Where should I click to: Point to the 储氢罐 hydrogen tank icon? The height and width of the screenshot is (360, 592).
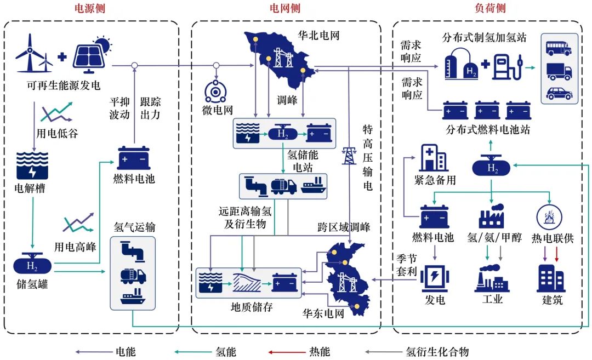coord(32,266)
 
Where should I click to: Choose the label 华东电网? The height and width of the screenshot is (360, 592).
coord(323,315)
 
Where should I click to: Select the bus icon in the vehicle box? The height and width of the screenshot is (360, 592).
coord(559,48)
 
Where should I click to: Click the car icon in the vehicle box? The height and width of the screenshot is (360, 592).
coord(559,93)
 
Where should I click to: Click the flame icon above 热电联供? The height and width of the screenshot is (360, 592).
coord(549,215)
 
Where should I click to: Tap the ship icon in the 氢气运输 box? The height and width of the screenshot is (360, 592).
coord(133,299)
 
